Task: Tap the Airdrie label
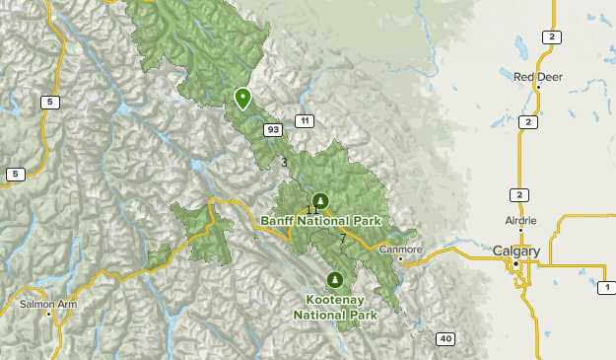519,220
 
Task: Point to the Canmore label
401,250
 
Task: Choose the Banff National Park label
321,222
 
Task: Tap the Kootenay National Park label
335,306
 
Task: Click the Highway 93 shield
272,129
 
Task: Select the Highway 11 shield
306,121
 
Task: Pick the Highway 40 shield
445,339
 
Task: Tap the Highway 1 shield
603,287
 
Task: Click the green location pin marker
242,98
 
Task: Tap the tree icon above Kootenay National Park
336,279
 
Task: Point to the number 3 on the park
284,163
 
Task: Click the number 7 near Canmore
342,239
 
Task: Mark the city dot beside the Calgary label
515,263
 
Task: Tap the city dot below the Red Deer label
537,87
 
